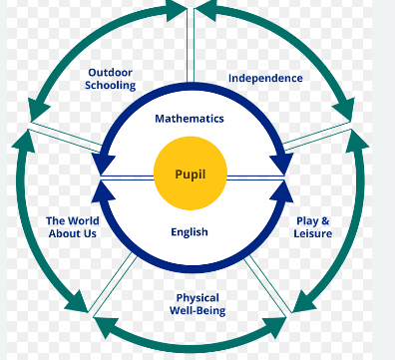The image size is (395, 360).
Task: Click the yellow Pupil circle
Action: point(191,174)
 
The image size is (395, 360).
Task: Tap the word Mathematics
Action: point(190,119)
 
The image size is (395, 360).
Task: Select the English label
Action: point(190,231)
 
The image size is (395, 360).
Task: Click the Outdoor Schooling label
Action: point(111,79)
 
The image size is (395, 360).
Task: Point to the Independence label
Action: point(265,78)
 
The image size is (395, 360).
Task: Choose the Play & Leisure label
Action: point(313,227)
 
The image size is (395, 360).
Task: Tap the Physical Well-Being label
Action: point(197,304)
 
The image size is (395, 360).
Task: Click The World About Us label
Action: point(73,227)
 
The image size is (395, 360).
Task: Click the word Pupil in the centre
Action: point(191,175)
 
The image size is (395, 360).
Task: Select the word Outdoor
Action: point(111,73)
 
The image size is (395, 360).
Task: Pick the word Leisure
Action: point(313,233)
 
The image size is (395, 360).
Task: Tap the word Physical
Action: point(197,298)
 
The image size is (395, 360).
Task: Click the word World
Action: point(83,221)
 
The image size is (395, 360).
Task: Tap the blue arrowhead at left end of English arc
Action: point(103,192)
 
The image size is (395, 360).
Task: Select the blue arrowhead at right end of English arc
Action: point(282,192)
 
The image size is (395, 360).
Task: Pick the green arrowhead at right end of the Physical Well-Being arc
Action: point(274,327)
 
